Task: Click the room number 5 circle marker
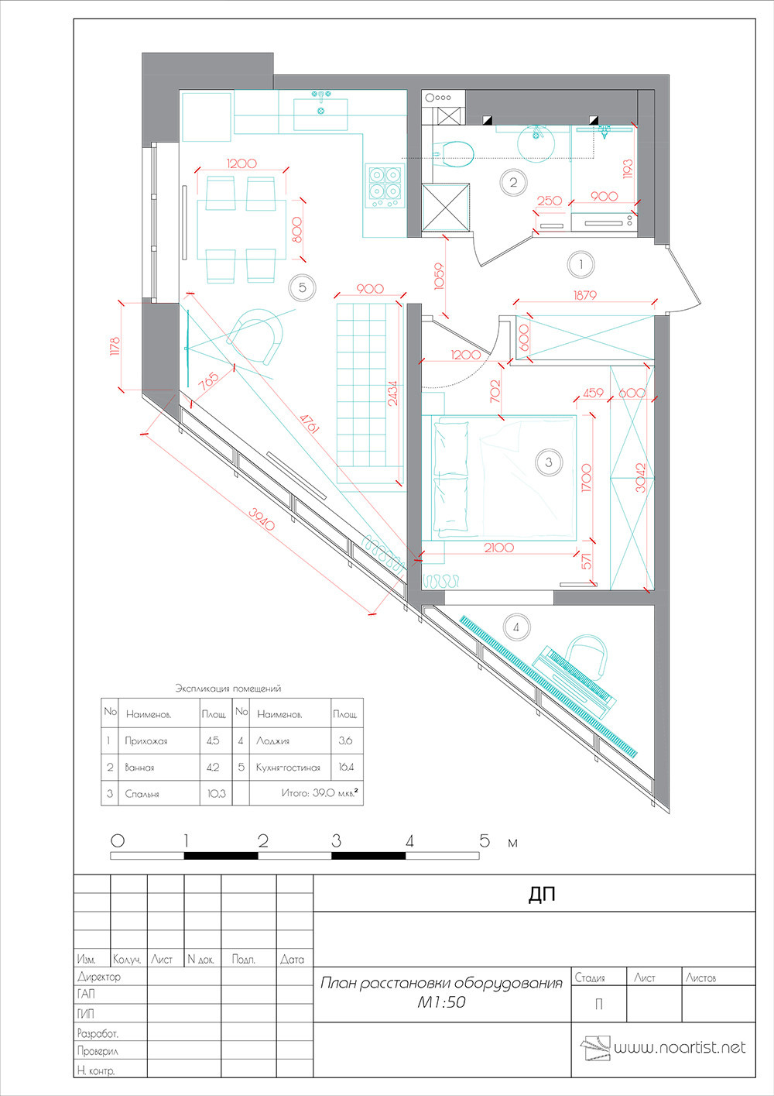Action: [x=302, y=287]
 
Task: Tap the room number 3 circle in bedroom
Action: [x=548, y=462]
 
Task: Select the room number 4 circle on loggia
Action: [x=516, y=627]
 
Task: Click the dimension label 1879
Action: [x=585, y=295]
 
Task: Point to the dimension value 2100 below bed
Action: [x=498, y=548]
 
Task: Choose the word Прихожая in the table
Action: [x=146, y=741]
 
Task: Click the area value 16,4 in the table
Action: [x=345, y=768]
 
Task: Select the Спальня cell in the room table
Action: [x=142, y=794]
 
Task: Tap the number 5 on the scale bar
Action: [x=485, y=840]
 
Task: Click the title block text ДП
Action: [x=542, y=895]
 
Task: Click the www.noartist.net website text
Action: [x=680, y=1048]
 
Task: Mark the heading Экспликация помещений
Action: [x=228, y=688]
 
